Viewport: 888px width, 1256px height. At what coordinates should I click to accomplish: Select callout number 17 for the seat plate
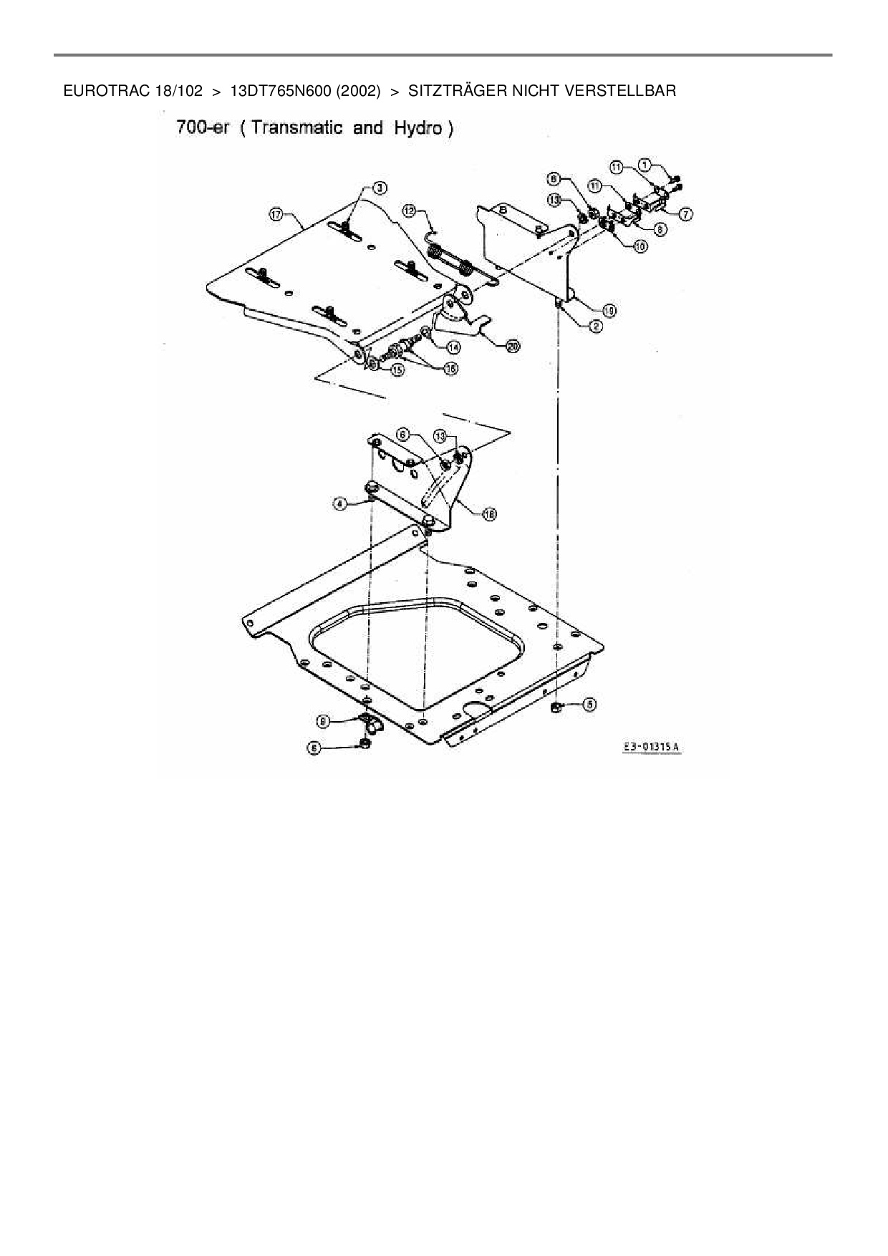coord(276,213)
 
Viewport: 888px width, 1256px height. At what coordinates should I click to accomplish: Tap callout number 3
coord(380,188)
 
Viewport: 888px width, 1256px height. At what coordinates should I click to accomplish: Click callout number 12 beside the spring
coord(409,211)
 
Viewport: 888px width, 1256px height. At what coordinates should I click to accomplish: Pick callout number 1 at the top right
coord(645,165)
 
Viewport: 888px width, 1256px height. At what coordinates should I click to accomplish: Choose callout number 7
coord(685,213)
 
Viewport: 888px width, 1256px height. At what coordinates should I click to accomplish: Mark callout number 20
coord(512,347)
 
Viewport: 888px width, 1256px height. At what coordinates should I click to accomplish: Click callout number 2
coord(595,327)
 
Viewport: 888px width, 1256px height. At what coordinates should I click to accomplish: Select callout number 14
coord(453,347)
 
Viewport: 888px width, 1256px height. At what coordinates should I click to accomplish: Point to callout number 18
coord(490,513)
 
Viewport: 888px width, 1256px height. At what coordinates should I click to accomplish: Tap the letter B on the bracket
coord(502,211)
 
